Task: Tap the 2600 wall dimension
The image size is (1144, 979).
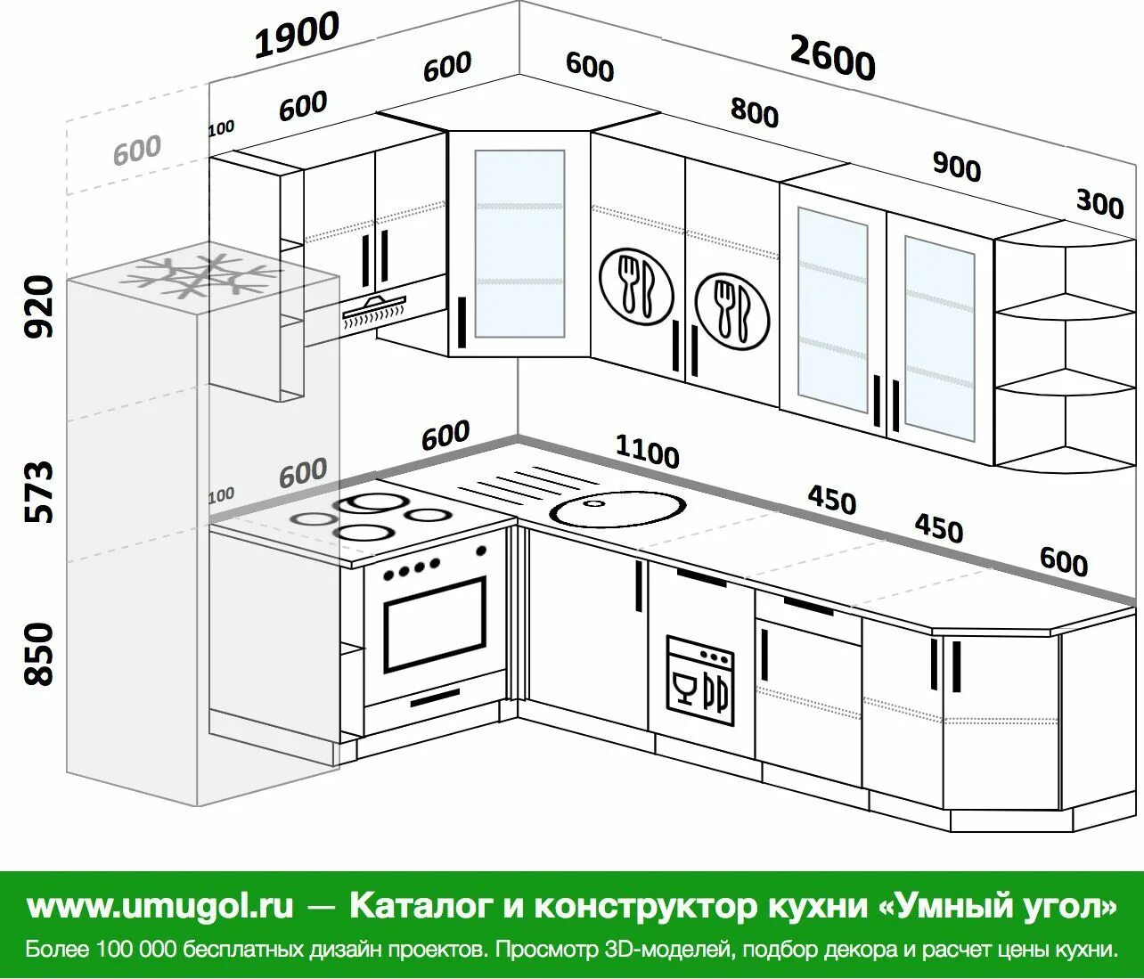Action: coord(832,60)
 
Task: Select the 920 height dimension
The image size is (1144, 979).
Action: coord(39,306)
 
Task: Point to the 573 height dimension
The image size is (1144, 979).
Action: coord(39,491)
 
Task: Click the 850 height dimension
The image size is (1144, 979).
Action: coord(39,654)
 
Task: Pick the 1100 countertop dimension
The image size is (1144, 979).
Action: coord(647,453)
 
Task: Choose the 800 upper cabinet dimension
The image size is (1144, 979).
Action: coord(754,112)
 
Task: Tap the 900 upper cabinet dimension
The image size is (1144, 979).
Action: coord(956,166)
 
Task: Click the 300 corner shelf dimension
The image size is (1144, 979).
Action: coord(1099,204)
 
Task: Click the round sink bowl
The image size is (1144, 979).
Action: coord(618,509)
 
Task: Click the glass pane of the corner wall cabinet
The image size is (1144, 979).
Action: coord(519,243)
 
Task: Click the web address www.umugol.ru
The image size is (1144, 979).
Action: coord(160,906)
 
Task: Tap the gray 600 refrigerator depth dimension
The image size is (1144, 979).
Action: coord(137,151)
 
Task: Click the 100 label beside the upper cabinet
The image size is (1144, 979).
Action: coord(221,128)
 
